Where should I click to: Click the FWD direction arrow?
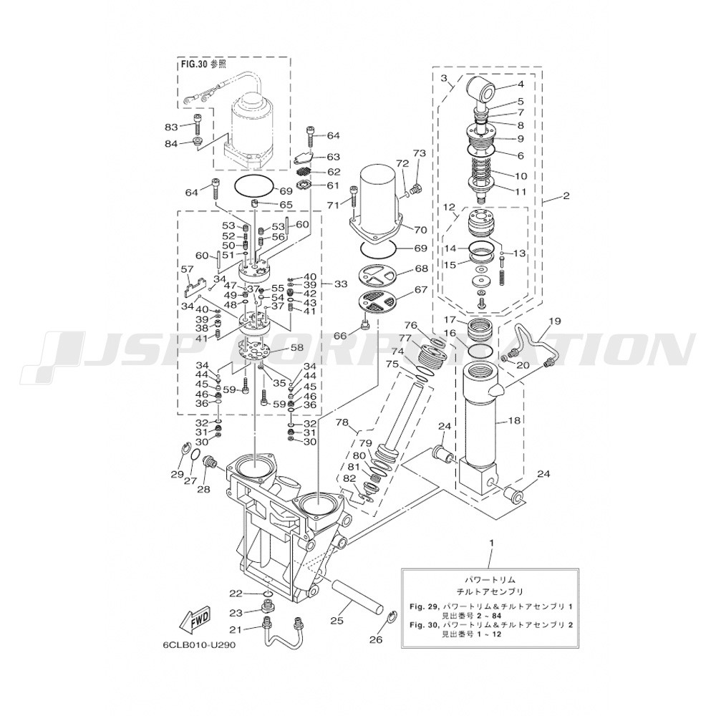coord(195,621)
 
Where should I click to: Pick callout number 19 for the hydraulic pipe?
coord(554,321)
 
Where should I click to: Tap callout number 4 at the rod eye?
coord(520,84)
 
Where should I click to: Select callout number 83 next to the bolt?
coord(172,127)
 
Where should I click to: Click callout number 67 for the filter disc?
coord(420,289)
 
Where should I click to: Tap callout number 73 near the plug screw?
coord(419,153)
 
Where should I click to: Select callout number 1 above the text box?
coord(491,543)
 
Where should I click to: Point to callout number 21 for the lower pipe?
coord(236,629)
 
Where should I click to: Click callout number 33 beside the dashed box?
coord(341,284)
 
